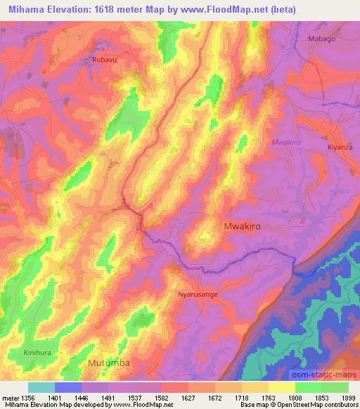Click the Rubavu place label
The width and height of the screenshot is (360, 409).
point(105,60)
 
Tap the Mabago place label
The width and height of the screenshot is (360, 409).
point(321,39)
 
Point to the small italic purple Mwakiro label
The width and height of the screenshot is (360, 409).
point(286,142)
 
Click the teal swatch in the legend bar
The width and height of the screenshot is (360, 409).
point(41,387)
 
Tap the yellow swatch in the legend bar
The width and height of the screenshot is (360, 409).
point(282,387)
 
